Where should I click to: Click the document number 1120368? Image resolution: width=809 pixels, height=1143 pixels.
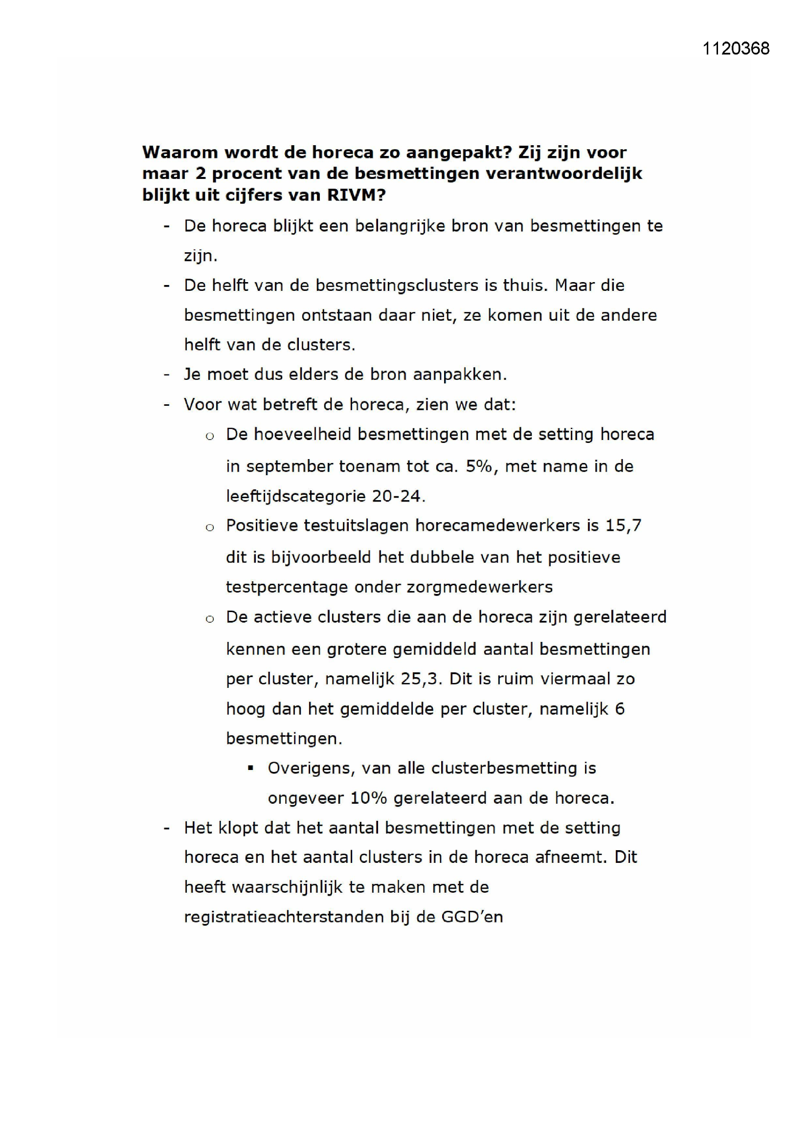[735, 48]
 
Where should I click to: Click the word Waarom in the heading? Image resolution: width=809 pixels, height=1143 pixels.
[180, 152]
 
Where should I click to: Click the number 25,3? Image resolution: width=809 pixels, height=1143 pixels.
[421, 679]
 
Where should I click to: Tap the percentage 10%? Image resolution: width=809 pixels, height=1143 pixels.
[369, 798]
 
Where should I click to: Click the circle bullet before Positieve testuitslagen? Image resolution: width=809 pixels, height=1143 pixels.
[210, 528]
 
